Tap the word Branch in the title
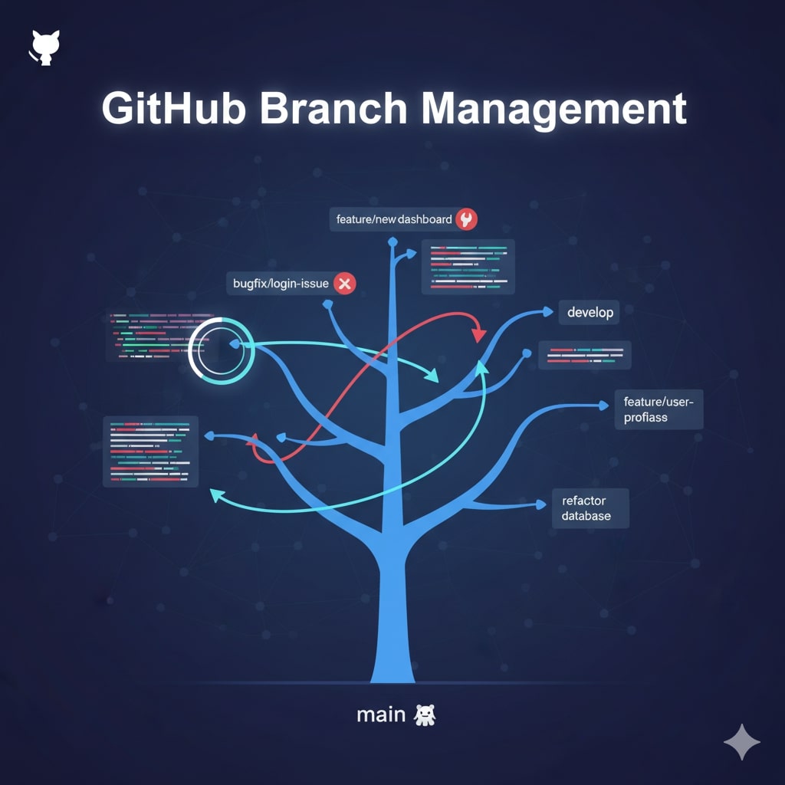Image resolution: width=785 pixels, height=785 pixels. click(x=333, y=108)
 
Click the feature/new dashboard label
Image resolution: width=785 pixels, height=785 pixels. click(x=394, y=219)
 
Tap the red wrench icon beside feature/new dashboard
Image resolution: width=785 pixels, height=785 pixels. click(x=466, y=219)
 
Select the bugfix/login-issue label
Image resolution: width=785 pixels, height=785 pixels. click(x=281, y=284)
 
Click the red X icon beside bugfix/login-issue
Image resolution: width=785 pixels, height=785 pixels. click(x=344, y=284)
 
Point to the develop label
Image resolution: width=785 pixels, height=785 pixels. click(x=590, y=313)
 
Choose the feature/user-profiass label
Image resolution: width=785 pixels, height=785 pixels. click(x=658, y=409)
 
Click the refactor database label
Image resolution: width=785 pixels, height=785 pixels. click(x=590, y=507)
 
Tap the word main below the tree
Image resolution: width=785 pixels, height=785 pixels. click(x=381, y=714)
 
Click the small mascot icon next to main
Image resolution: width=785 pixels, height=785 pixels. click(x=424, y=715)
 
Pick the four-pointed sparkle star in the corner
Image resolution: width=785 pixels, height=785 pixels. click(x=741, y=741)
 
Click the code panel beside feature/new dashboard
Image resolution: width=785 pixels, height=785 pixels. click(x=468, y=266)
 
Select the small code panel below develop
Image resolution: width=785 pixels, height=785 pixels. click(x=585, y=355)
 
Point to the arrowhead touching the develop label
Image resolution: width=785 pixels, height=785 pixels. click(x=547, y=311)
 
